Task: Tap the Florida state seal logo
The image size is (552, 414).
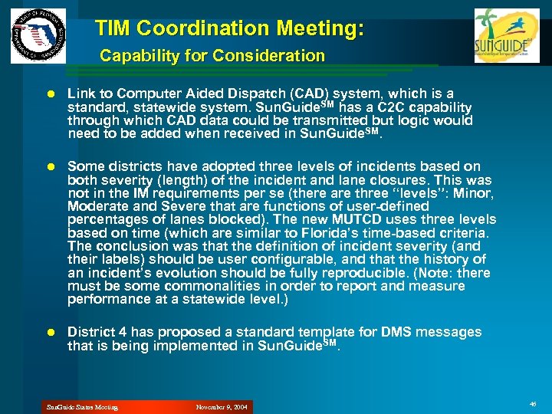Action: click(x=38, y=36)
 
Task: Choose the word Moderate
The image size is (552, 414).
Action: click(x=96, y=206)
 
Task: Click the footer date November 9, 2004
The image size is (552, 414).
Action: click(x=222, y=407)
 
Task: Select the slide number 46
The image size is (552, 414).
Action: click(x=533, y=403)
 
